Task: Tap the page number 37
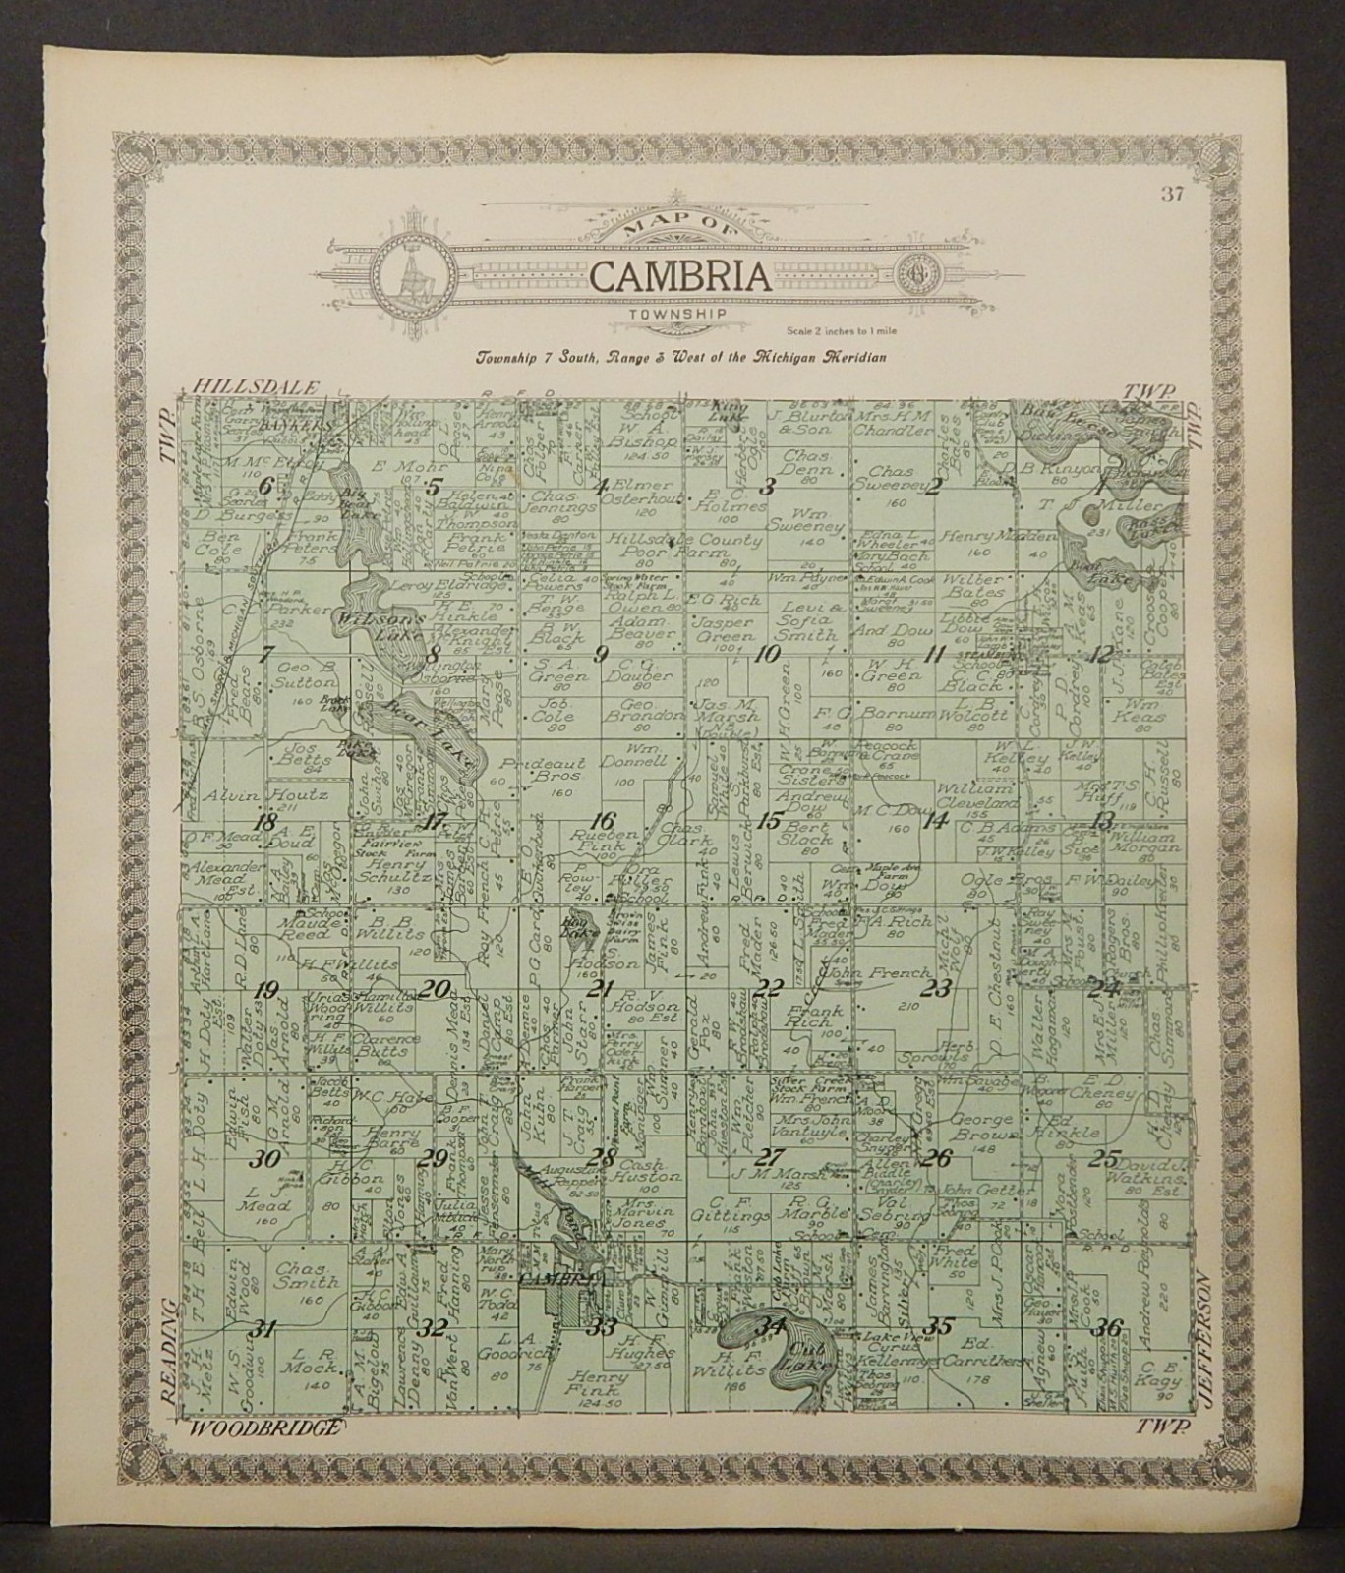click(1171, 195)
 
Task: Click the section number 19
click(265, 990)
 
